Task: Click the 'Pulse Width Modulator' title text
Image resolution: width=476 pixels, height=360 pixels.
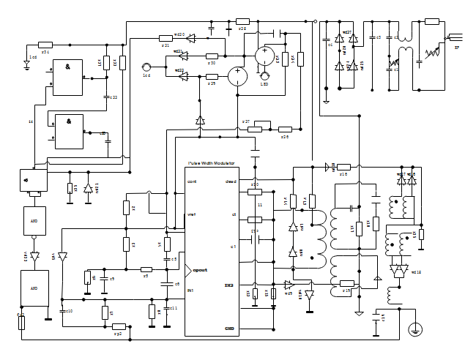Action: (x=212, y=163)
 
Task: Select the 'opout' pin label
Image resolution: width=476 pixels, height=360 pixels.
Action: (x=200, y=270)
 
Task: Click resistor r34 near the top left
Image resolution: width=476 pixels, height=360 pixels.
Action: (x=45, y=45)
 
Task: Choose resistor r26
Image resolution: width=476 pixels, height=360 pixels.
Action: (x=285, y=129)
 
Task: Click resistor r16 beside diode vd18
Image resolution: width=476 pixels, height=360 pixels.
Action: (x=343, y=168)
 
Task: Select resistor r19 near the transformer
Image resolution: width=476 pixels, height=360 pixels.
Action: (x=346, y=283)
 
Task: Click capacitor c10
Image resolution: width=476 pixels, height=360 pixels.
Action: (x=61, y=311)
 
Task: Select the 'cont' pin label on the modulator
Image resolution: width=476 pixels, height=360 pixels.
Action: (x=192, y=181)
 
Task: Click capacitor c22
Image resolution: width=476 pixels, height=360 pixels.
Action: (x=107, y=97)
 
